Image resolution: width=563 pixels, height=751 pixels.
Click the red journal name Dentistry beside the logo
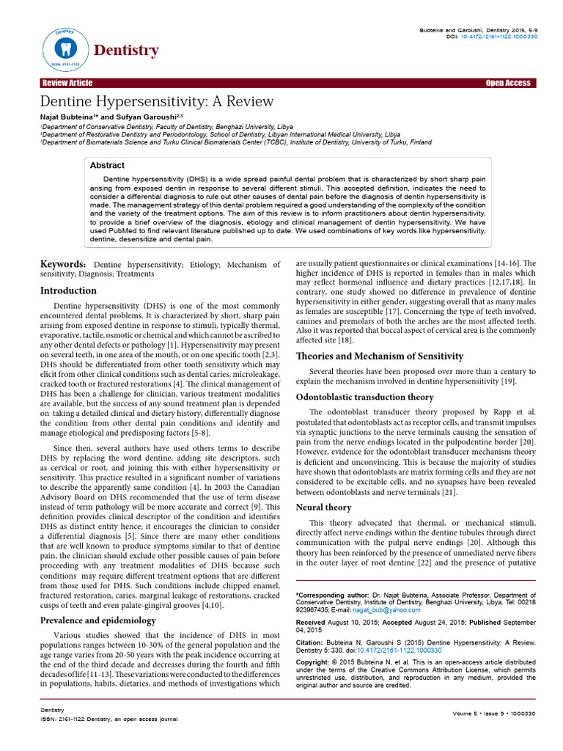click(126, 50)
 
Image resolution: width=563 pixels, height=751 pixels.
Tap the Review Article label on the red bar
click(67, 83)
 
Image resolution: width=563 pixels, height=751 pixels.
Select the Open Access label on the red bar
click(507, 83)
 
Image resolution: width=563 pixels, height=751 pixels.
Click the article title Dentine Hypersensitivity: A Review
click(156, 101)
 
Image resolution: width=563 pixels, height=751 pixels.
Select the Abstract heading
click(106, 166)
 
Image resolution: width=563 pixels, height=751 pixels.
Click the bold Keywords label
click(62, 264)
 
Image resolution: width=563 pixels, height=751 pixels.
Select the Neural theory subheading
click(323, 507)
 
